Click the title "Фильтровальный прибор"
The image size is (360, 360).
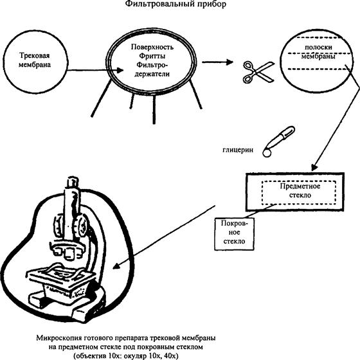(x=175, y=4)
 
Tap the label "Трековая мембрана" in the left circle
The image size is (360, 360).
(x=35, y=60)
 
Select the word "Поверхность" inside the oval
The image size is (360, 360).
(x=152, y=47)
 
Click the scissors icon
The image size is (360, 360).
(x=258, y=71)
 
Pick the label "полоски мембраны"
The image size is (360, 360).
(x=318, y=51)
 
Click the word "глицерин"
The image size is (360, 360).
(x=238, y=150)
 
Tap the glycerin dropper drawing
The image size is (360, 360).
(x=278, y=141)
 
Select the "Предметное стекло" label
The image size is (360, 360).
(x=300, y=190)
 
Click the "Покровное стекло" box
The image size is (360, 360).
(x=234, y=234)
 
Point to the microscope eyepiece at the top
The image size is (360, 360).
(x=73, y=182)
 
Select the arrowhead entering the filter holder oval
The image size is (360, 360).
(x=120, y=70)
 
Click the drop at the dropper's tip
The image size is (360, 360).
(x=267, y=153)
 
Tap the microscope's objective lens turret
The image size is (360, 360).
(x=67, y=250)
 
